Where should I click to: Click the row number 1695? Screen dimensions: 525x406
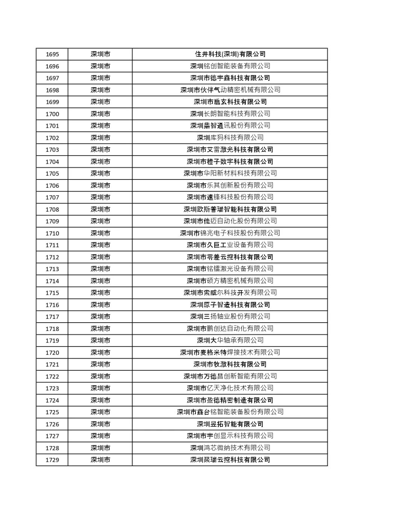[x=52, y=54]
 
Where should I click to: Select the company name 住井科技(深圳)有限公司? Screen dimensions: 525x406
[x=230, y=54]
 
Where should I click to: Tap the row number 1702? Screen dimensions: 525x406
[x=52, y=138]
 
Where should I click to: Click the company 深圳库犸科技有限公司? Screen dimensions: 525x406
[x=230, y=137]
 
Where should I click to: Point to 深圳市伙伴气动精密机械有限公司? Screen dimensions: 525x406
[x=230, y=90]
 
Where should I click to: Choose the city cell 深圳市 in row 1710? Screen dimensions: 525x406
[x=100, y=233]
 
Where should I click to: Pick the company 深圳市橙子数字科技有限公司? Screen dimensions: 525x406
[x=230, y=161]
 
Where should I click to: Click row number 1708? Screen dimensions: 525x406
[x=52, y=210]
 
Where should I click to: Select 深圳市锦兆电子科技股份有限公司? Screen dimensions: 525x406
[x=230, y=233]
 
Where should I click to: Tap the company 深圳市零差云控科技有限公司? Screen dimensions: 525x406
[x=230, y=257]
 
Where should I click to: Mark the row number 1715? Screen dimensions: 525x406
[x=52, y=293]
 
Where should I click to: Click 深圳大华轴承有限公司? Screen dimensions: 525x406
[x=230, y=340]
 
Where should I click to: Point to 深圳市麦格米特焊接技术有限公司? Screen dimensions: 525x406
[x=230, y=352]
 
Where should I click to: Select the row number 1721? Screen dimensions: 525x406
[x=52, y=364]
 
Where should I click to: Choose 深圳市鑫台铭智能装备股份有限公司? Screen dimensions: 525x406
[x=230, y=412]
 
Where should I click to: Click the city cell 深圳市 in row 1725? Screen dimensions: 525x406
[x=100, y=412]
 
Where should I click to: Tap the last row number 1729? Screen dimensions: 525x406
[x=52, y=460]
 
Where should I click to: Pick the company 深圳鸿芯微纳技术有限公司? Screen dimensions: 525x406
[x=230, y=448]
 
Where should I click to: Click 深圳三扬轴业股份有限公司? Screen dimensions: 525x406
[x=230, y=317]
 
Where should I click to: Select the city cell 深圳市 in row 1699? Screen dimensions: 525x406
[x=100, y=102]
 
